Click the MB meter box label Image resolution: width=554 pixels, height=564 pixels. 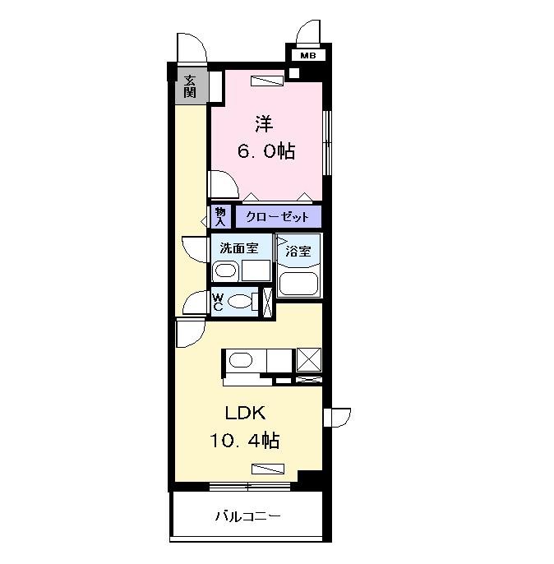coord(307,56)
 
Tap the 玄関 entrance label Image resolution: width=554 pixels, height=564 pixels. coord(190,86)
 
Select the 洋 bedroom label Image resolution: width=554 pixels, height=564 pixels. coord(263,124)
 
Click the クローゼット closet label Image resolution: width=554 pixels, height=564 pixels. coord(278,217)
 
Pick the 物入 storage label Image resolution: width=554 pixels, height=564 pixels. coord(220,216)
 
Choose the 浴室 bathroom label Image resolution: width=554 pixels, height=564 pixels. coord(298,252)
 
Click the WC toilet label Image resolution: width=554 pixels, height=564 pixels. coord(218,301)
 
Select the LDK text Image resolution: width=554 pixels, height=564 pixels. coord(244,414)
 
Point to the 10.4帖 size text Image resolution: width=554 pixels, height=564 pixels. coord(244,441)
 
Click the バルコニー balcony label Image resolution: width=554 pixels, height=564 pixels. coord(247,517)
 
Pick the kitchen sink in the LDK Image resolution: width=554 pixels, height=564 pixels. coord(240,360)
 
